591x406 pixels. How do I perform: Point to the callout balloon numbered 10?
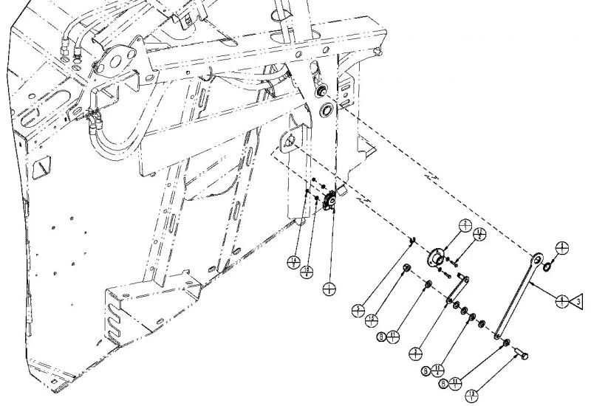(x=307, y=274)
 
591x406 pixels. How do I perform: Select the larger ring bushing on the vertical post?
(x=326, y=110)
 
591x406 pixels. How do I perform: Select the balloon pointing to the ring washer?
(x=562, y=249)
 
